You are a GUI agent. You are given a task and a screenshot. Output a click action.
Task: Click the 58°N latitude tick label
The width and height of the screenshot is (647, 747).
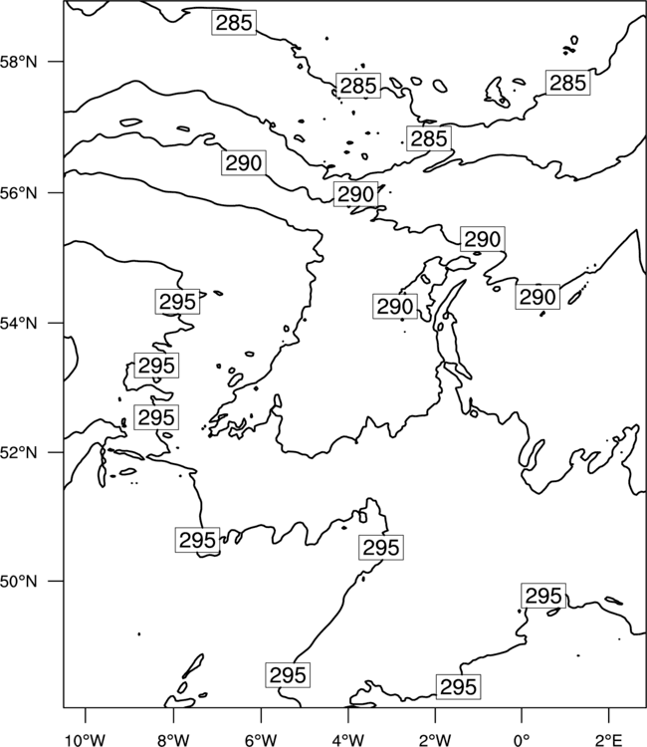[19, 62]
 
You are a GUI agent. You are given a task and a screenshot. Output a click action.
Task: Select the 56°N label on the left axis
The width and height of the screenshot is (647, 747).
[19, 193]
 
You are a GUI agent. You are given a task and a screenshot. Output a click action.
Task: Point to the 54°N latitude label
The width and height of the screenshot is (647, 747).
[19, 323]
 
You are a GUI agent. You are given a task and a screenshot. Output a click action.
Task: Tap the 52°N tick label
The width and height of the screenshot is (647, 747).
[19, 452]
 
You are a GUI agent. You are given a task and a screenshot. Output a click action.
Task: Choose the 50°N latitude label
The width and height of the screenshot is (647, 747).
[19, 582]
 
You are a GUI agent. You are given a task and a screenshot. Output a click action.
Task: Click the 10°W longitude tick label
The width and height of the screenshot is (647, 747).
[86, 740]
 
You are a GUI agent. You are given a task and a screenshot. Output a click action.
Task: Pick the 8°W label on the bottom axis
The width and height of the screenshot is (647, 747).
[173, 740]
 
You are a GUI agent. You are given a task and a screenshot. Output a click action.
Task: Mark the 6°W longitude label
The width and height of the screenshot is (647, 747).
[261, 740]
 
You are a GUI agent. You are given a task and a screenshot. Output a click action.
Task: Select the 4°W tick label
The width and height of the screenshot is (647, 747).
[348, 740]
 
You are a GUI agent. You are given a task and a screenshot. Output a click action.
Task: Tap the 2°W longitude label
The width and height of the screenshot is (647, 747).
[435, 740]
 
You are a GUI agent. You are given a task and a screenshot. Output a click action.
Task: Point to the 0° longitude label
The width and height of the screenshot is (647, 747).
[522, 740]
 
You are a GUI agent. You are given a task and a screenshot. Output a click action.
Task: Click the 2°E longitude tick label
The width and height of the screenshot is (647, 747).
[609, 740]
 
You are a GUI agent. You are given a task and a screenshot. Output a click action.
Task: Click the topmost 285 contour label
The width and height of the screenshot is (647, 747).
[234, 22]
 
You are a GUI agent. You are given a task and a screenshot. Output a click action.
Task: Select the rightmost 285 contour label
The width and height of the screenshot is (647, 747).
[568, 83]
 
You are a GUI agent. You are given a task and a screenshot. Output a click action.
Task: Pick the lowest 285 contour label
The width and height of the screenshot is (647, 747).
[429, 138]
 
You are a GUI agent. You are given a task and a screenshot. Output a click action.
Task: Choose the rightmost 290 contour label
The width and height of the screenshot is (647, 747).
[538, 297]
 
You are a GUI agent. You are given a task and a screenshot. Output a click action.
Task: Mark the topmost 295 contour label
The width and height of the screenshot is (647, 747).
[177, 302]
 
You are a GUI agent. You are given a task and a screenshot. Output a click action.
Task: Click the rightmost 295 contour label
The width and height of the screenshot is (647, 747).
[543, 596]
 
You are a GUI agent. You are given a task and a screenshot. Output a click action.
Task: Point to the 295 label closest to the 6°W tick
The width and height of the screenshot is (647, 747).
[288, 675]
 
